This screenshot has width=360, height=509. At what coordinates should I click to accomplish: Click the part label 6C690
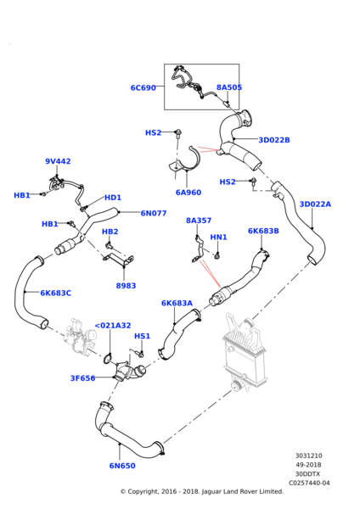(x=143, y=88)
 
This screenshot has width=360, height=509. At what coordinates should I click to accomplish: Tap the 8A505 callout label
(x=229, y=87)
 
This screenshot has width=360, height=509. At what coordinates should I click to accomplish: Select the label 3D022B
(x=274, y=140)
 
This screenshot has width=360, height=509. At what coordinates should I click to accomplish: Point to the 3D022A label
(x=315, y=204)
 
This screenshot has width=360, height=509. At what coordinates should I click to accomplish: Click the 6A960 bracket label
(x=188, y=193)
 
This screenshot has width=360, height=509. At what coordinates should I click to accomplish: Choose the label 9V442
(x=58, y=161)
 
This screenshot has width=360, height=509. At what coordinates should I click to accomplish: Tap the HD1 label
(x=113, y=198)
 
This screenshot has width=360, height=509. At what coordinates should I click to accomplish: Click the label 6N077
(x=154, y=213)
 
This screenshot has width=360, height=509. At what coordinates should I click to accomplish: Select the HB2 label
(x=110, y=232)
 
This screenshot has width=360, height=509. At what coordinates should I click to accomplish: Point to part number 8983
(x=126, y=286)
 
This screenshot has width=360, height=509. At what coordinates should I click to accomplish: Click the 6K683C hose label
(x=55, y=293)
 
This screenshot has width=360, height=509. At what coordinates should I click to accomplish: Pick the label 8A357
(x=199, y=221)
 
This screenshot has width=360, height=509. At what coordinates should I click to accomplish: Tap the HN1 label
(x=219, y=238)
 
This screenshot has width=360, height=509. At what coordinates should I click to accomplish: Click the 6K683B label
(x=263, y=231)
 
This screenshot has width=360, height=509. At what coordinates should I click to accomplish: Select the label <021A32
(x=112, y=326)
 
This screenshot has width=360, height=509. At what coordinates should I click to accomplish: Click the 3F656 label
(x=83, y=378)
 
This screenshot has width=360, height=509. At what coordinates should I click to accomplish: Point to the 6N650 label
(x=122, y=466)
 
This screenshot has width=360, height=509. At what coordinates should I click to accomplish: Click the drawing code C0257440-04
(x=309, y=483)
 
